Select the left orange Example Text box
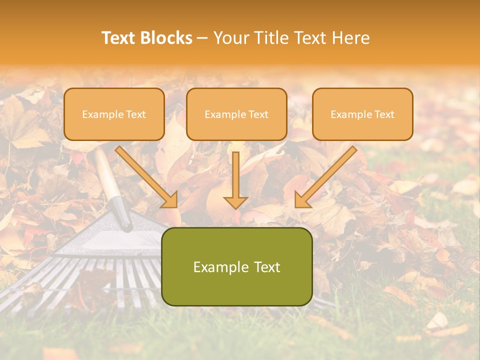pyautogui.click(x=114, y=114)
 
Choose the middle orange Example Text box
pyautogui.click(x=236, y=114)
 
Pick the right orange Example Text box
pyautogui.click(x=362, y=114)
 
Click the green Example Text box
pyautogui.click(x=236, y=266)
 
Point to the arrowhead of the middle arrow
pyautogui.click(x=235, y=202)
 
